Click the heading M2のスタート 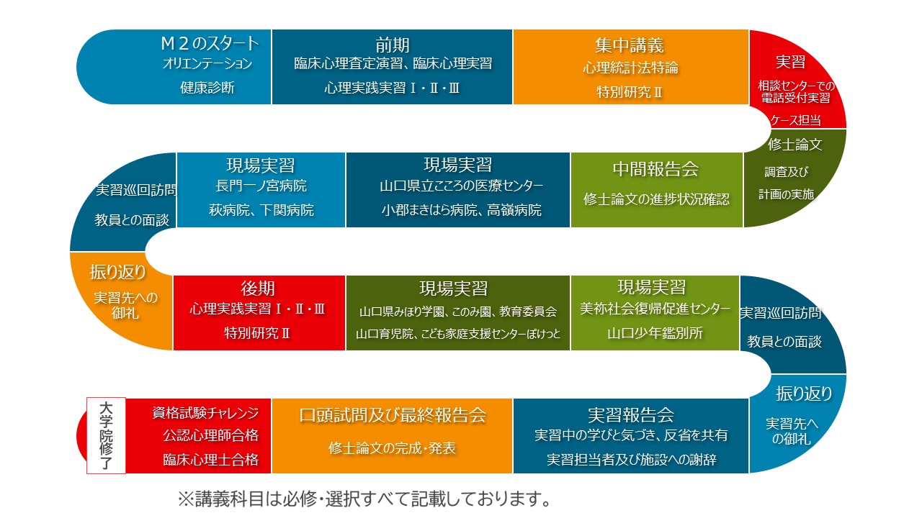pyautogui.click(x=210, y=43)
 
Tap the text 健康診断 pyautogui.click(x=207, y=88)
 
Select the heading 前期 pyautogui.click(x=393, y=45)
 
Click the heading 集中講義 pyautogui.click(x=630, y=45)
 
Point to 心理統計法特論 pyautogui.click(x=630, y=68)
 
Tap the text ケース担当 pyautogui.click(x=795, y=120)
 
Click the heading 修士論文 pyautogui.click(x=795, y=145)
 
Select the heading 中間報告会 pyautogui.click(x=655, y=169)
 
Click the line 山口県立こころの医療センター pyautogui.click(x=462, y=186)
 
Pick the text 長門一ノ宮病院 pyautogui.click(x=261, y=186)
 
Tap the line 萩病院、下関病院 pyautogui.click(x=261, y=210)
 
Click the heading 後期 pyautogui.click(x=258, y=288)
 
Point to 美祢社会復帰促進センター pyautogui.click(x=655, y=309)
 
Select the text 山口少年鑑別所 pyautogui.click(x=655, y=333)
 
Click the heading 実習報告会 pyautogui.click(x=630, y=415)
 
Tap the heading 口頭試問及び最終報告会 pyautogui.click(x=393, y=415)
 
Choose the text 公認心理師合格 pyautogui.click(x=211, y=435)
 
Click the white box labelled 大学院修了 pyautogui.click(x=106, y=435)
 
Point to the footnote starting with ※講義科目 pyautogui.click(x=364, y=499)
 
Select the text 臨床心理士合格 pyautogui.click(x=211, y=460)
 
